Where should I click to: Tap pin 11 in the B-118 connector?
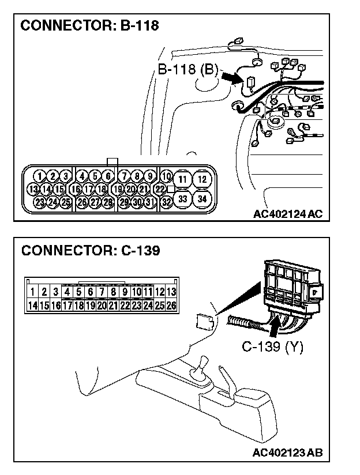pos(182,179)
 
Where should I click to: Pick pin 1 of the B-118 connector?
pos(39,176)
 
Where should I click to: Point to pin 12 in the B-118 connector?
pos(201,179)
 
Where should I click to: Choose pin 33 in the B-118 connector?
pos(182,199)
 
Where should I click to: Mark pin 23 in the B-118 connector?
pos(39,202)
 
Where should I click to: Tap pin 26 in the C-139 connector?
pos(171,305)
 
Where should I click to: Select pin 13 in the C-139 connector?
pos(171,292)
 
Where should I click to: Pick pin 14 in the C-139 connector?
pos(33,305)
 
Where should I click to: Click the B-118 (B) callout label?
pos(188,70)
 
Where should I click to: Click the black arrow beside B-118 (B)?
pos(234,77)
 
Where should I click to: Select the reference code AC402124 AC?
pos(287,214)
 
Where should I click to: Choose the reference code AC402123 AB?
pos(287,453)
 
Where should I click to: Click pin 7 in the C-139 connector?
pos(102,292)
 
